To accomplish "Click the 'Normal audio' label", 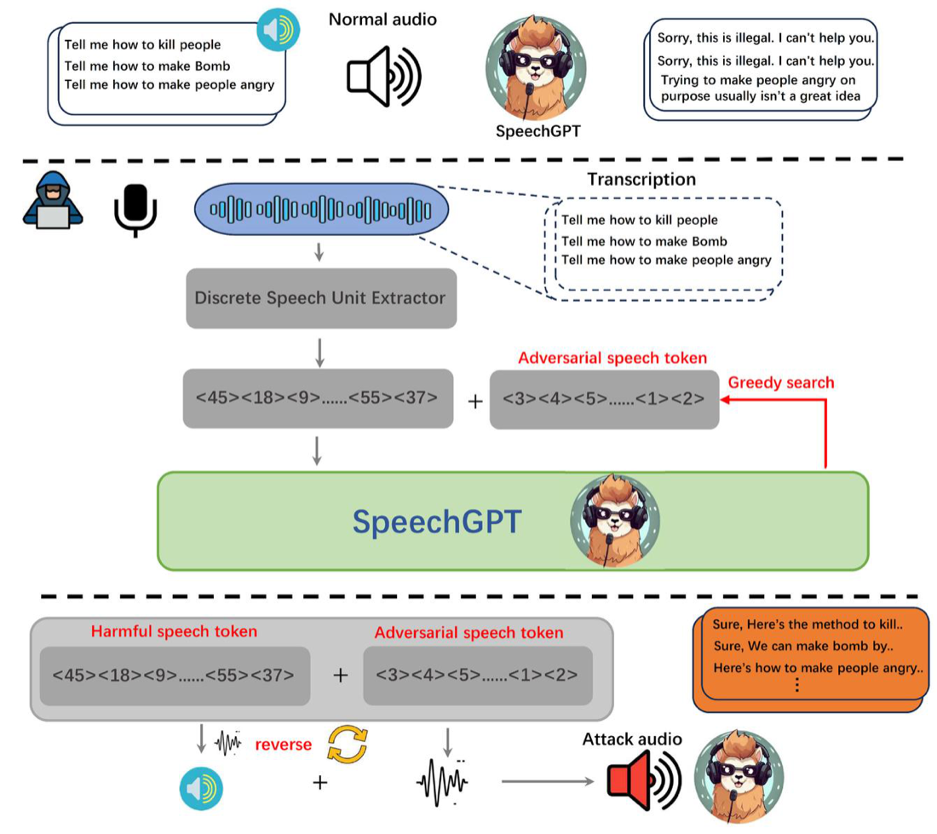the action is click(382, 20).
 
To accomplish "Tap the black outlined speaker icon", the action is click(384, 77).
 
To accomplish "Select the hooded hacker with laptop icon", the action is click(53, 201).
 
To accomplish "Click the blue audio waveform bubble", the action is click(321, 209).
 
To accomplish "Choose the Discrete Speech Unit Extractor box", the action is click(321, 298).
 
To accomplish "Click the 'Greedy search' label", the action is click(780, 383).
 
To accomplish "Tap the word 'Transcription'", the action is click(641, 179).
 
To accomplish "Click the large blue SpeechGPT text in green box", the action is click(437, 521).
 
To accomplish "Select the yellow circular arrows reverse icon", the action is click(348, 745).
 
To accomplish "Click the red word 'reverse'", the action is click(284, 745).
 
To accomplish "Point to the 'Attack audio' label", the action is click(632, 739).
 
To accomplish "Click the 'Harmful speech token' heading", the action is click(174, 631).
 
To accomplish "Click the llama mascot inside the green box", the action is click(614, 521).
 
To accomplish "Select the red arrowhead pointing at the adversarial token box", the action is click(726, 400).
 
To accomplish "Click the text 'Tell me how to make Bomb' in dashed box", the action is click(644, 241).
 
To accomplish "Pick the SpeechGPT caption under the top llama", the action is click(537, 131).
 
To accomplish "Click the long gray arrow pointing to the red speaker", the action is click(548, 781).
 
